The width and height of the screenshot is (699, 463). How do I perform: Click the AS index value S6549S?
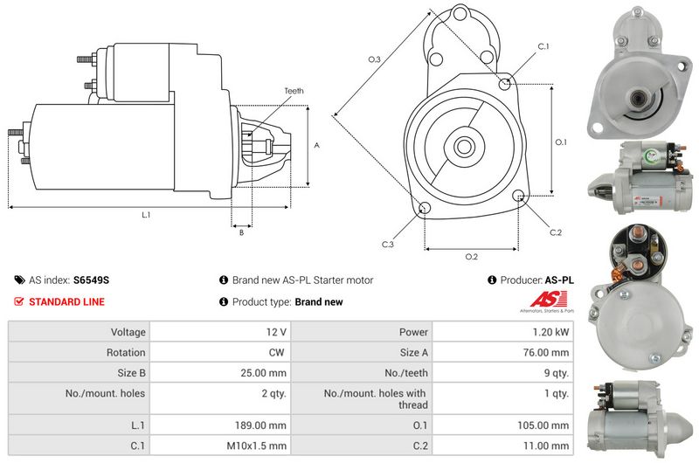click(91, 280)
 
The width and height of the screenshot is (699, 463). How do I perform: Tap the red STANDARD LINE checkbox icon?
click(18, 301)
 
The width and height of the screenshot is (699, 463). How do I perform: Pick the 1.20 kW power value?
click(550, 332)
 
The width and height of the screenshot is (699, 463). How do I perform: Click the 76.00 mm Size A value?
click(545, 352)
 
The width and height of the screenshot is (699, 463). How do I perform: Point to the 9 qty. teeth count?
click(556, 373)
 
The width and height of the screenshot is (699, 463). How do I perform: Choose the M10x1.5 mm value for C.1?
click(256, 446)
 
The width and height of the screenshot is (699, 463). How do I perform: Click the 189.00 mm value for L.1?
click(260, 425)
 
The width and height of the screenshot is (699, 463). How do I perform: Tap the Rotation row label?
click(126, 352)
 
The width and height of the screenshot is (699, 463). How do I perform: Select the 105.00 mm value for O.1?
click(543, 425)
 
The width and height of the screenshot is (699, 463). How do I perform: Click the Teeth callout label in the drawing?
click(294, 91)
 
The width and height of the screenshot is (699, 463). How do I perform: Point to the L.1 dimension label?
click(146, 215)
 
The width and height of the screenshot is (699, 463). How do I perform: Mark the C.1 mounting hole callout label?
click(543, 46)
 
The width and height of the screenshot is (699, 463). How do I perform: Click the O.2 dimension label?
click(471, 257)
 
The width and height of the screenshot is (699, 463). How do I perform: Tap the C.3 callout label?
click(387, 245)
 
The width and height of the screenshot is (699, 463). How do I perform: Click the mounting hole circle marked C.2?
click(518, 195)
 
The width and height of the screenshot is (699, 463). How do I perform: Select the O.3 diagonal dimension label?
click(375, 59)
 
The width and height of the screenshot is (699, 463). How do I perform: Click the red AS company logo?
click(549, 299)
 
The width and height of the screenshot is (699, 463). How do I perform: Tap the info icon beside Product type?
click(224, 301)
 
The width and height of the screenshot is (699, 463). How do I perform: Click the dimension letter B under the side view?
click(242, 232)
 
